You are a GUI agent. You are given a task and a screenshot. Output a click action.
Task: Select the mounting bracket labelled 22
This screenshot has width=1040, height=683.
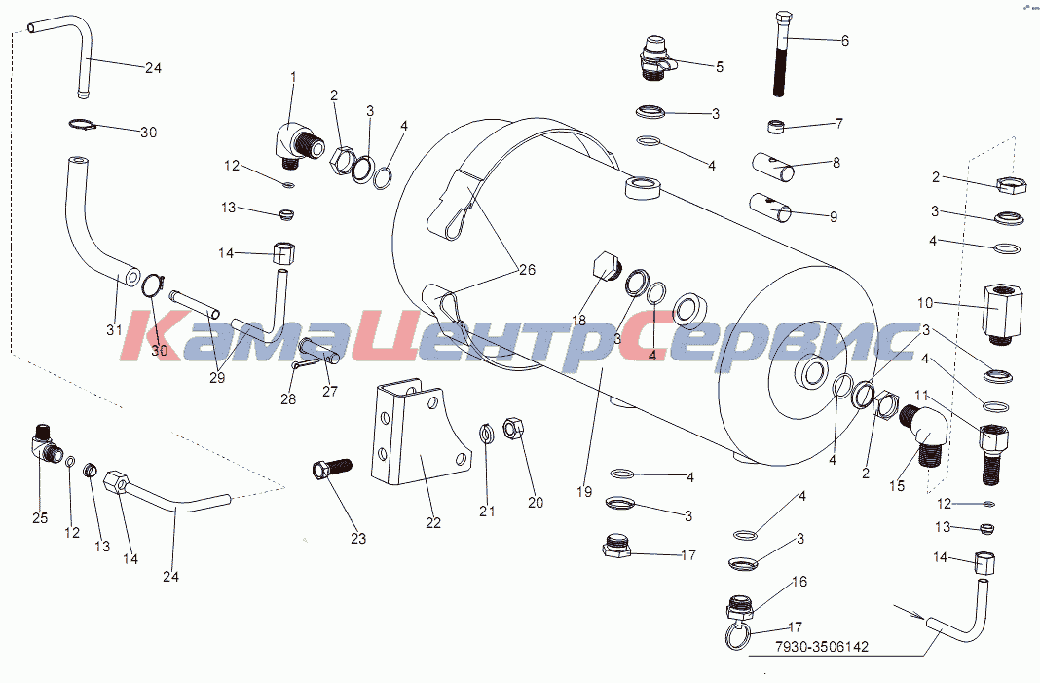point(418,435)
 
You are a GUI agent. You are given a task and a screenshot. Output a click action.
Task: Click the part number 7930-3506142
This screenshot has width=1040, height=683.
point(822,647)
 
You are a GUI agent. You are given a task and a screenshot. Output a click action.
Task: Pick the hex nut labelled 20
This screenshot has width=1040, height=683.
point(513,428)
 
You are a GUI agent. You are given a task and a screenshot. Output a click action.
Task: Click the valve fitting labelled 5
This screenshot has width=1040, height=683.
point(656,59)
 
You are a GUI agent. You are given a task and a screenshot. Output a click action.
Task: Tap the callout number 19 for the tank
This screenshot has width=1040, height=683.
point(584,492)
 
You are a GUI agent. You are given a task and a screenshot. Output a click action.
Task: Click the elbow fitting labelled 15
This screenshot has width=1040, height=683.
point(921,435)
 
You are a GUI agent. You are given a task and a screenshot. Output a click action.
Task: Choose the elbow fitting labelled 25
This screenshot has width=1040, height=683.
point(47,441)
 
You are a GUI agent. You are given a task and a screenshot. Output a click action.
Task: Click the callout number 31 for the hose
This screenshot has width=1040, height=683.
point(114,329)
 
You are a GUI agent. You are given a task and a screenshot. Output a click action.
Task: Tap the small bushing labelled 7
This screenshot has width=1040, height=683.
point(776,126)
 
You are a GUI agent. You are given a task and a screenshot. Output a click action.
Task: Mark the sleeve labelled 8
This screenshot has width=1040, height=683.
point(773,168)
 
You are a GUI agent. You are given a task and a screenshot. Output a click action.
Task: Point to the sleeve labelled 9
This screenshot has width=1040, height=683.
point(771,208)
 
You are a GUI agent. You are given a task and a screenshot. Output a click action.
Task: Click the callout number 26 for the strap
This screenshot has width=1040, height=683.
point(527,270)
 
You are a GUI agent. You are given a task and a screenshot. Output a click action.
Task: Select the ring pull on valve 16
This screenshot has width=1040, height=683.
point(737,635)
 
